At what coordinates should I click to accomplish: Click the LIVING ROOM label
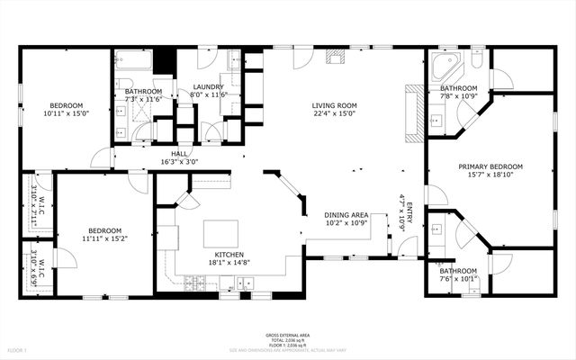coord(335,105)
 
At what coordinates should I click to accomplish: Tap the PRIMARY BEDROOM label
coord(490,166)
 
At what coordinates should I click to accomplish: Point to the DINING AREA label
coord(346,215)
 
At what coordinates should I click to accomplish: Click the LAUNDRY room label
coord(208,86)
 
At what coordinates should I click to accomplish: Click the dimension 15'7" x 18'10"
coord(490,175)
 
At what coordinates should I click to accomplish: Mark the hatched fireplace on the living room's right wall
coord(414,114)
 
